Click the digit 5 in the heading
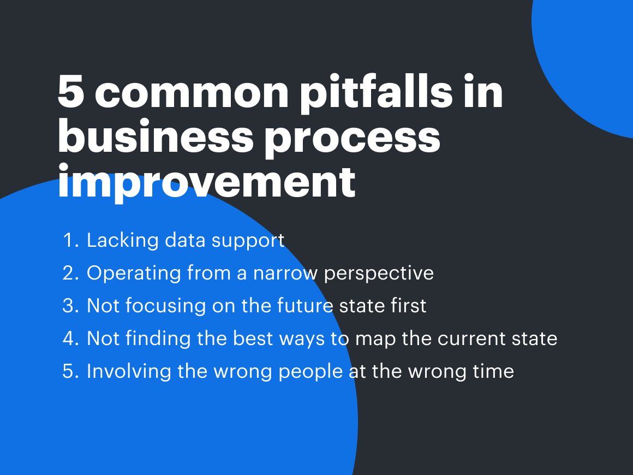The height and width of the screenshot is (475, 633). point(71,92)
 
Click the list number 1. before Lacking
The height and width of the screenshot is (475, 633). point(71,240)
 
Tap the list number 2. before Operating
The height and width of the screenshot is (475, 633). point(70,273)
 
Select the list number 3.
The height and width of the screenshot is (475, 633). point(70,306)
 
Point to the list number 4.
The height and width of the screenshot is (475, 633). point(70,339)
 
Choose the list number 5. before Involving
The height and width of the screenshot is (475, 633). point(70,372)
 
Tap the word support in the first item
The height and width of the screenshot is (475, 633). point(248,242)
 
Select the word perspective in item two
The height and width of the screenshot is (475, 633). point(379,274)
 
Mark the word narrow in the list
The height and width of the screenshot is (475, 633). point(285,274)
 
